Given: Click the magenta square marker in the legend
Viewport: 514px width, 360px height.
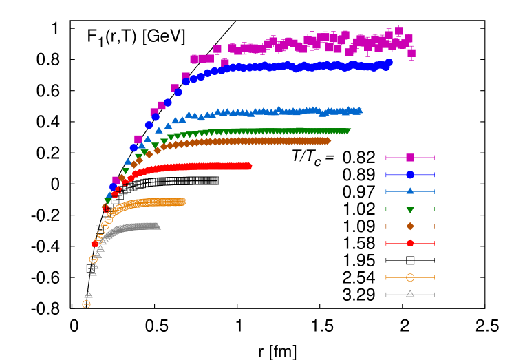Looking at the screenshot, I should (x=410, y=158).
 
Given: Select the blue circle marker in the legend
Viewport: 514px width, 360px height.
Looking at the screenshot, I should (x=410, y=175).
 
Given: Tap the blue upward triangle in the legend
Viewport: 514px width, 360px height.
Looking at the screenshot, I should (x=410, y=191).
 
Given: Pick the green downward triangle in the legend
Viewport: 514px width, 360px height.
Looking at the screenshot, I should (x=410, y=209).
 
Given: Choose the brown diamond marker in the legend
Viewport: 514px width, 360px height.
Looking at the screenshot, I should (x=410, y=226).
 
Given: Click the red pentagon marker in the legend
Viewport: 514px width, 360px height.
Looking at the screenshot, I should (x=410, y=243).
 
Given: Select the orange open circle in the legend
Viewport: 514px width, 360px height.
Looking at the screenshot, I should (x=410, y=277).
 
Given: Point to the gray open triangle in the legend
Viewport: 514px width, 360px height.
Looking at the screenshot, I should (x=410, y=294).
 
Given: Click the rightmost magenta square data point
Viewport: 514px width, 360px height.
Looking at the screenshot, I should (x=411, y=53).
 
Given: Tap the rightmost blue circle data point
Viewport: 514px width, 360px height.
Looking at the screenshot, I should (x=389, y=63).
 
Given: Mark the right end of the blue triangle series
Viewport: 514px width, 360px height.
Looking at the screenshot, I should (x=358, y=110).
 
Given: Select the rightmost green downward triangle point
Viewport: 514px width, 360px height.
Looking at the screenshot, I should (x=347, y=131).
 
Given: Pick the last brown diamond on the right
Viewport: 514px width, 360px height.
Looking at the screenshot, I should (x=327, y=141).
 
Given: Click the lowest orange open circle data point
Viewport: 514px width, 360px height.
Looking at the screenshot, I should (x=86, y=304).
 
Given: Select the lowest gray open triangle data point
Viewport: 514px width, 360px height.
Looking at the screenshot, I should (x=88, y=295).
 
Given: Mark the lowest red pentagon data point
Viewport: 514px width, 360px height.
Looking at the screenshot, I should (x=95, y=244).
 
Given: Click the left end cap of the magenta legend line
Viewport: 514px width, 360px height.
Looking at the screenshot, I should (x=386, y=158).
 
